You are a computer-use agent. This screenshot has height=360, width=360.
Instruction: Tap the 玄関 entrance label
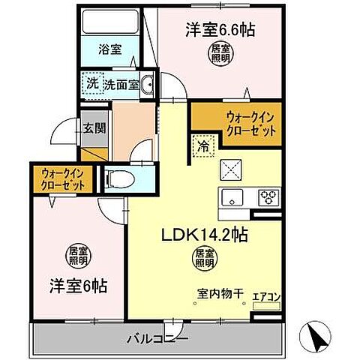tap(94, 127)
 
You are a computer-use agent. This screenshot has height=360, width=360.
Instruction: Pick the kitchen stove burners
tap(268, 197)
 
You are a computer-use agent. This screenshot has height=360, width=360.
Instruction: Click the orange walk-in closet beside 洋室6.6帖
tap(235, 124)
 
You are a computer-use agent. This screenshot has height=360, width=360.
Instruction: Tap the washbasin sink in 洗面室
tap(146, 85)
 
